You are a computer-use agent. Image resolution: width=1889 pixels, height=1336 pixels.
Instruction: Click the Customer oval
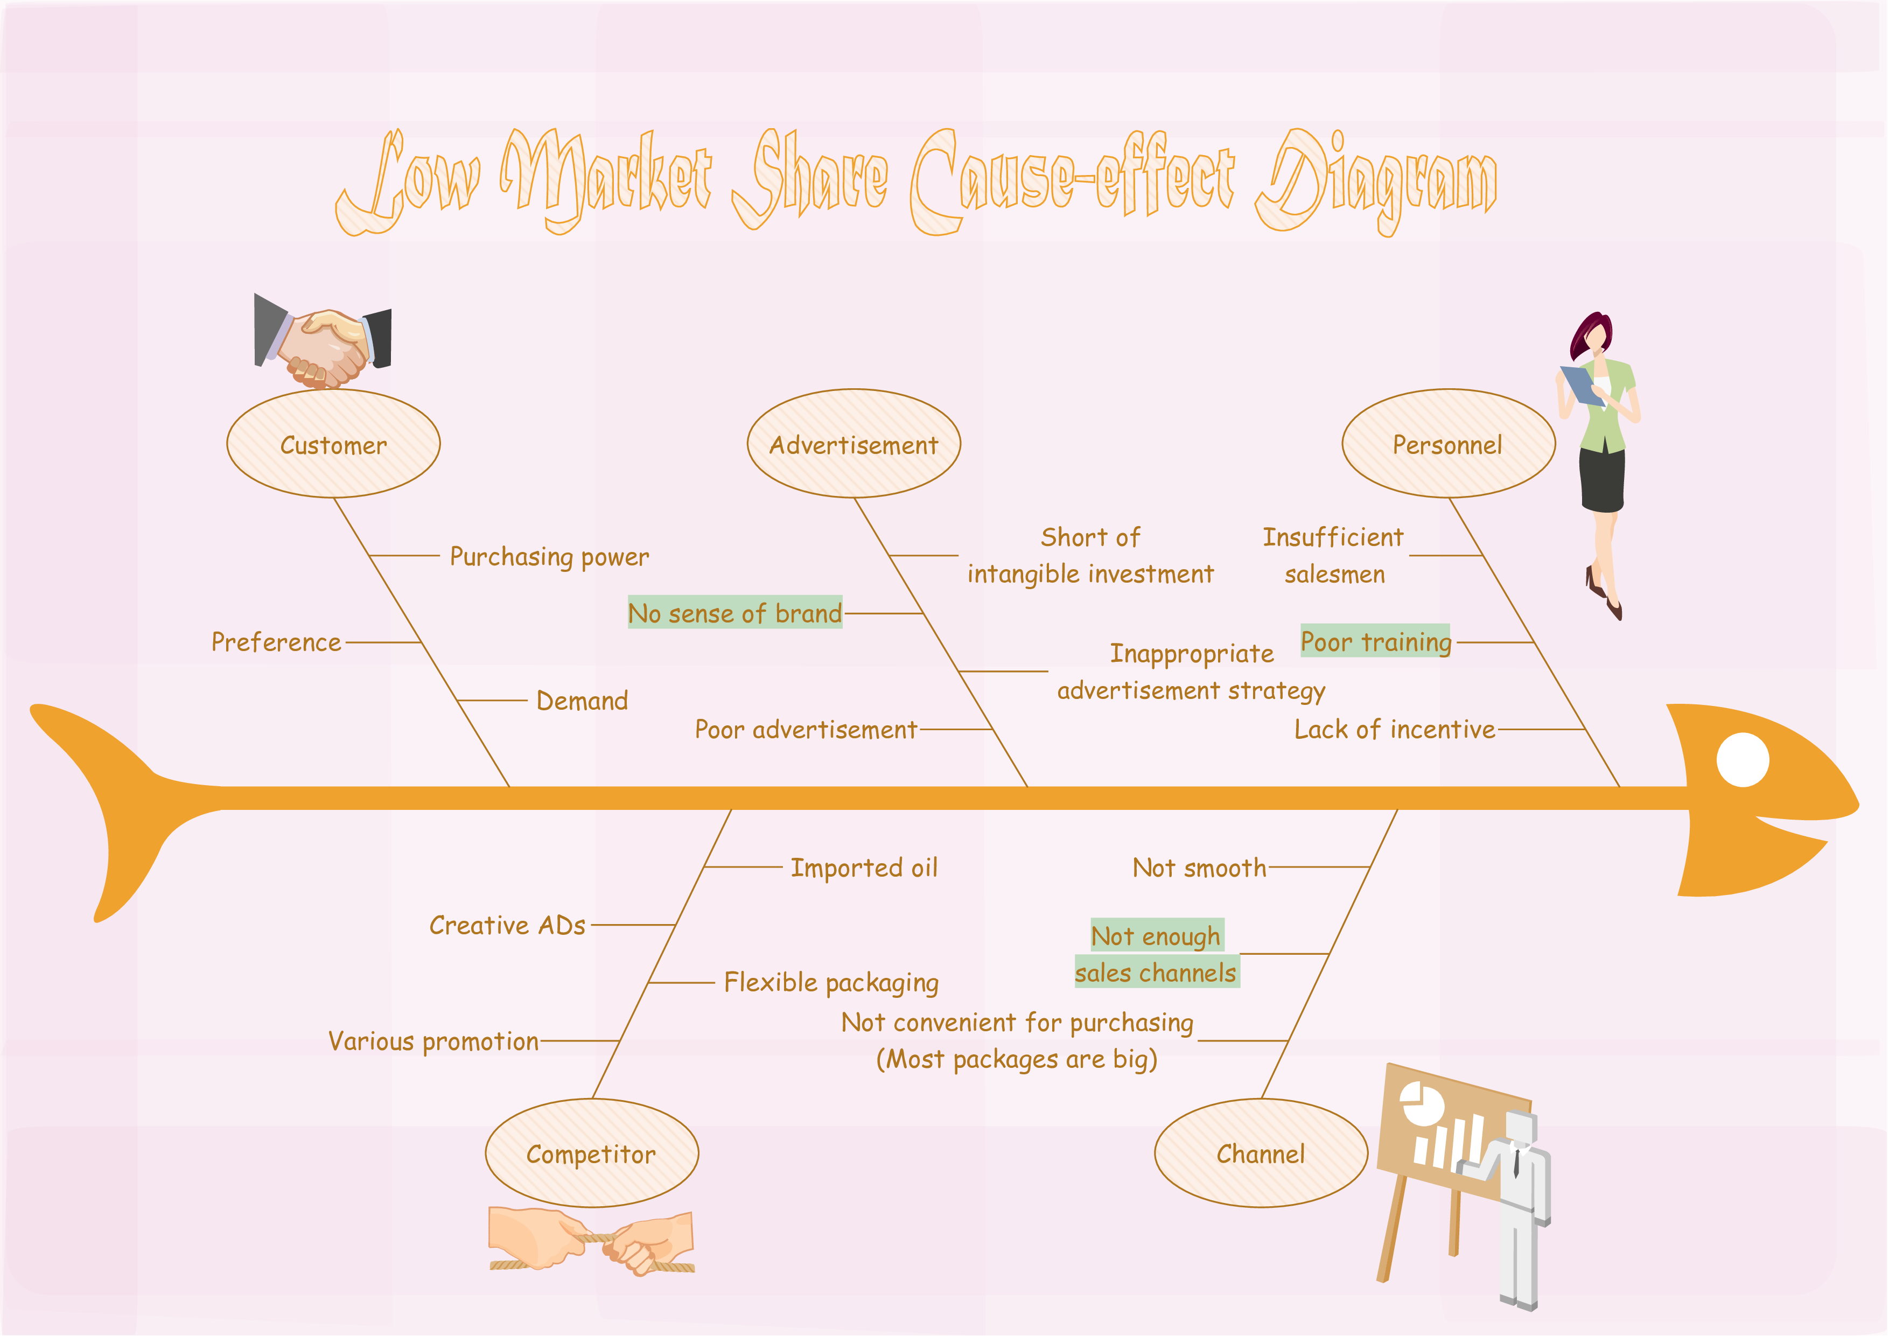pos(333,443)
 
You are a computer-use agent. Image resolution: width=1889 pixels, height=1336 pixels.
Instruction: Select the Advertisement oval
pos(854,443)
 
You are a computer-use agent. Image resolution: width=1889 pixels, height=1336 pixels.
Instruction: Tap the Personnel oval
pos(1449,443)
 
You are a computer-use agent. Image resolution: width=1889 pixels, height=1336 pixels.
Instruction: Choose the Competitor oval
pos(592,1153)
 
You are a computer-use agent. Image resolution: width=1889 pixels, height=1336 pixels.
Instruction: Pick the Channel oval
pos(1261,1153)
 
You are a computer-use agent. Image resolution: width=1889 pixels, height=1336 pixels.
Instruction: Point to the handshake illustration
pos(323,340)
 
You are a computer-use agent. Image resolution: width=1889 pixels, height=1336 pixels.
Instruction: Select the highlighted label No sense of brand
pos(734,613)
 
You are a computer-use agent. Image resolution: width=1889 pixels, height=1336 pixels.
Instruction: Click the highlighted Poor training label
pos(1376,641)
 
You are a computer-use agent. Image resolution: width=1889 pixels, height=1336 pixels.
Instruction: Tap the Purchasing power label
pos(550,557)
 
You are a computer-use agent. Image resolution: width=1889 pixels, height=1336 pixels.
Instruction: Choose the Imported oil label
pos(864,868)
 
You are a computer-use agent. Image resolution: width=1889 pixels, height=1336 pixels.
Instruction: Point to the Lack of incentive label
pos(1395,730)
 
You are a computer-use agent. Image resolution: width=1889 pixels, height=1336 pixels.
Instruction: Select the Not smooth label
pos(1200,868)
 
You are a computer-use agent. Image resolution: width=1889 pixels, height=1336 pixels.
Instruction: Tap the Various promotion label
pos(433,1041)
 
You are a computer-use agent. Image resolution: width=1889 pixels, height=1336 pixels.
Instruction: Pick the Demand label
pos(582,701)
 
